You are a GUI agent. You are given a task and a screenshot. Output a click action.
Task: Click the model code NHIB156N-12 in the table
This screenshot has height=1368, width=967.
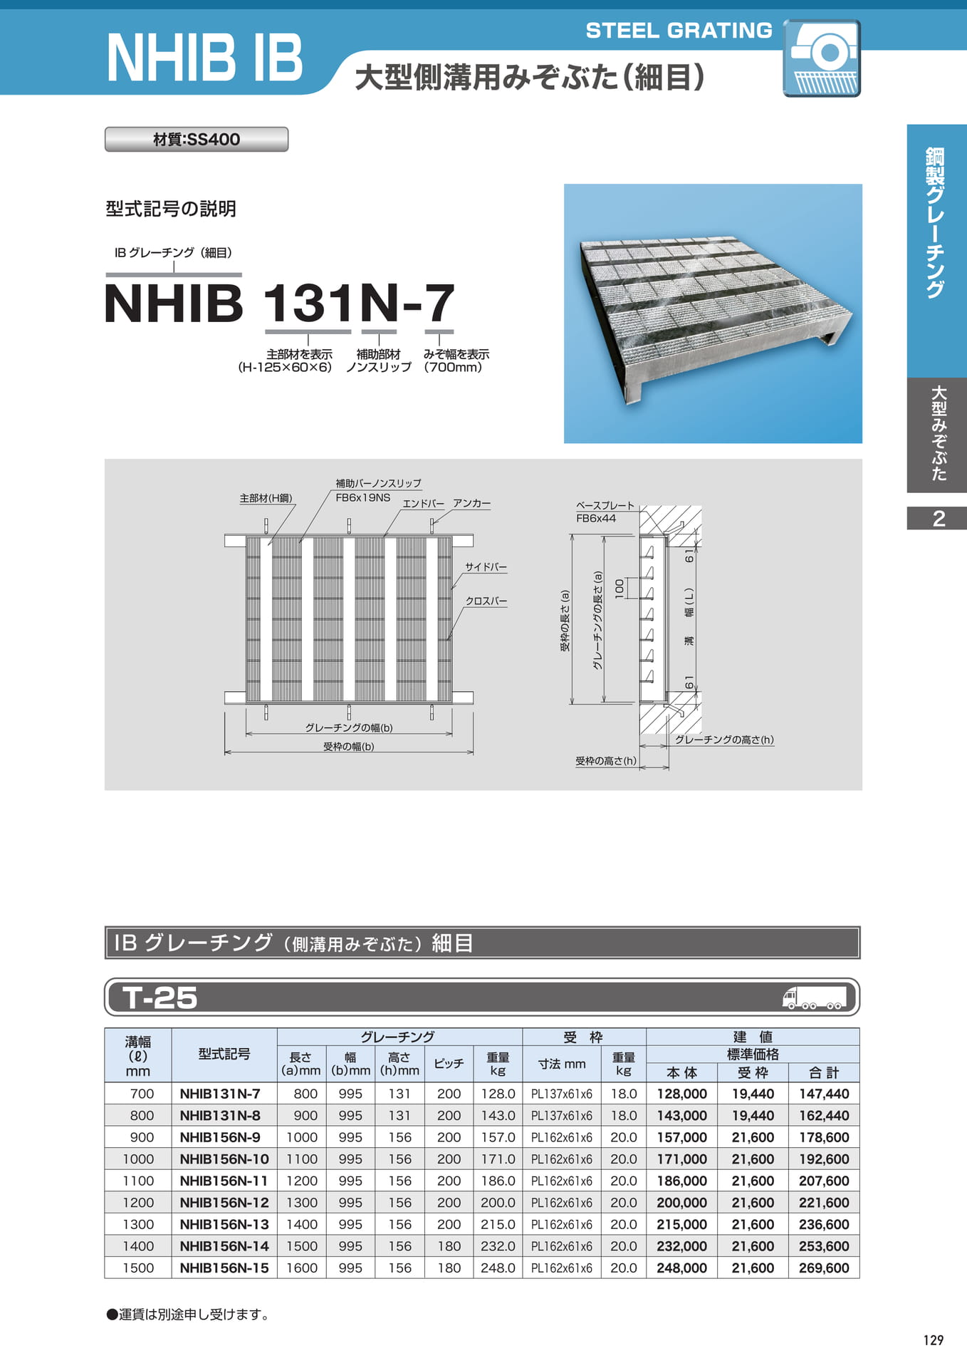(224, 1203)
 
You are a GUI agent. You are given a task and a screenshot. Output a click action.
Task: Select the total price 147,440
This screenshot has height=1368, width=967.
(824, 1094)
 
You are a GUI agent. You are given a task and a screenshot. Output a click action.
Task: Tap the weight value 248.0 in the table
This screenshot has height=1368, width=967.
(498, 1268)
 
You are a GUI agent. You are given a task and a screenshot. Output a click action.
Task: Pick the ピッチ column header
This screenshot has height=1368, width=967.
(449, 1064)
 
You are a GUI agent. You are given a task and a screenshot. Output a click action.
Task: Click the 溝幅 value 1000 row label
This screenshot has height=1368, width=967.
(138, 1159)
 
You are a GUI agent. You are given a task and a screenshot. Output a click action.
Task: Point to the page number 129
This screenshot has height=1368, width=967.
(933, 1340)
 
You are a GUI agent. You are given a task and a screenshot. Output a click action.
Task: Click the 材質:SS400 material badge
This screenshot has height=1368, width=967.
(197, 139)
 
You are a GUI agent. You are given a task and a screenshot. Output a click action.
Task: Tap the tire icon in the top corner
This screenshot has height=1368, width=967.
(822, 58)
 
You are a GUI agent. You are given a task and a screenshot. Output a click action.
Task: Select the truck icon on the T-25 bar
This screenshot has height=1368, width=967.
(814, 997)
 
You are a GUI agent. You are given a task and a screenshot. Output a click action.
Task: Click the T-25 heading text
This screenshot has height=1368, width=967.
(160, 997)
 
